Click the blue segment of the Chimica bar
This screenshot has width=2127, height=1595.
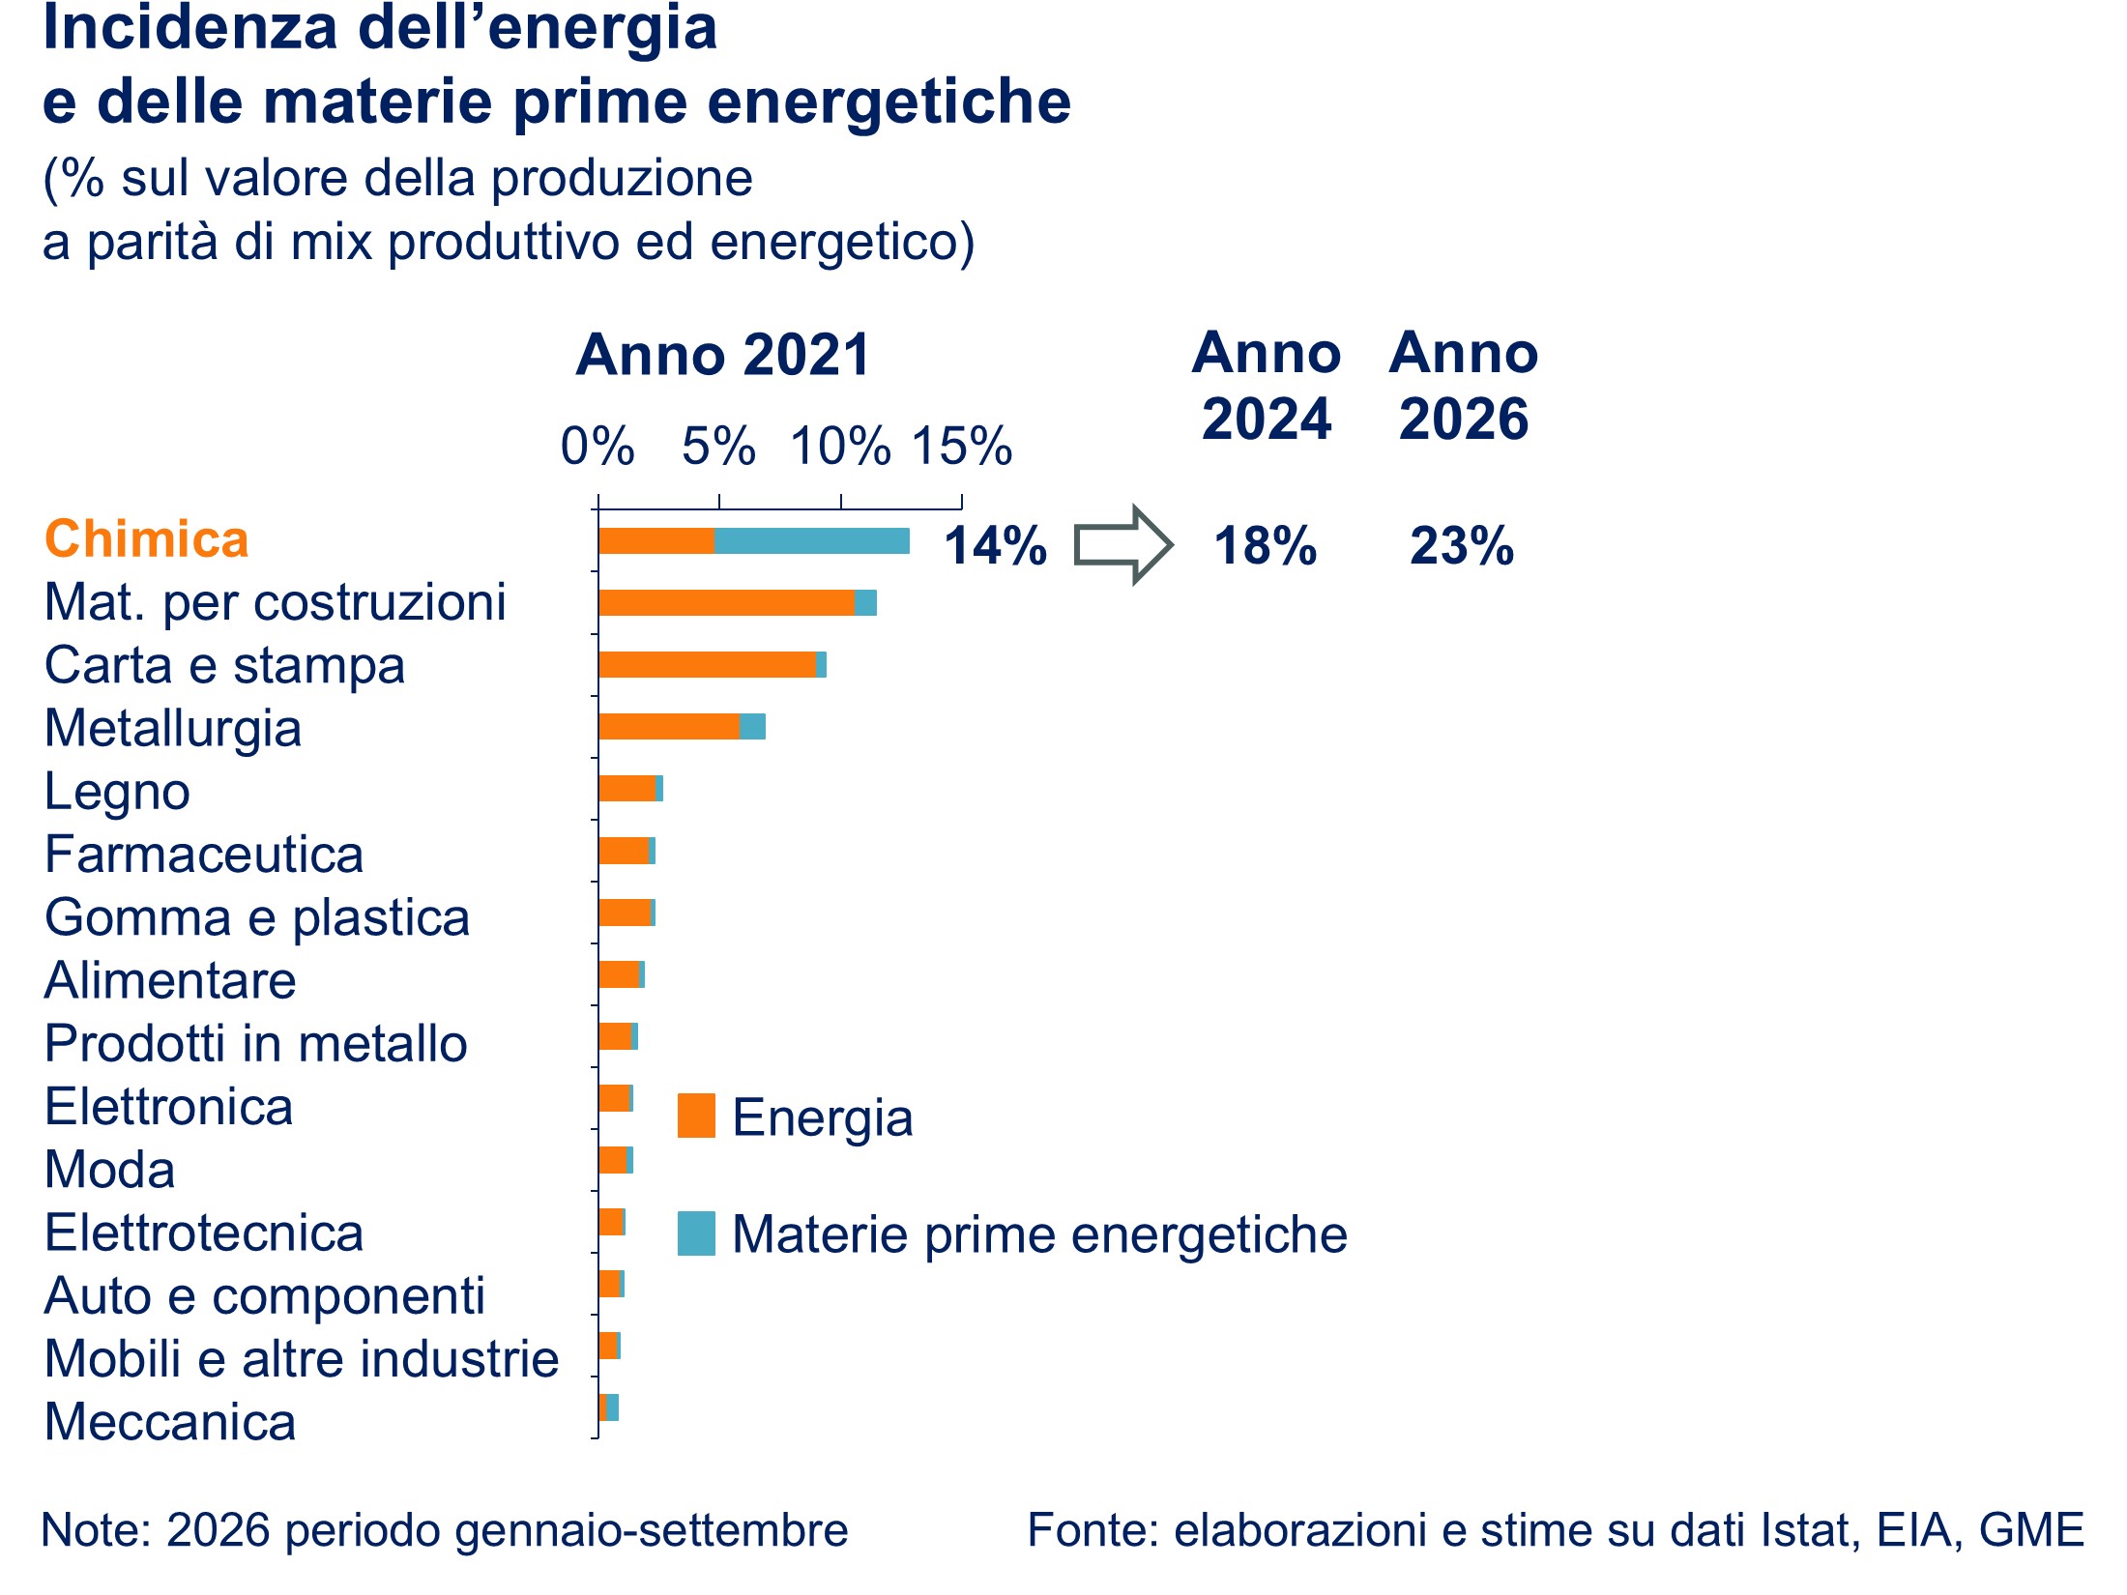click(x=812, y=541)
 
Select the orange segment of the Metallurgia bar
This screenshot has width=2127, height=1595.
click(x=669, y=727)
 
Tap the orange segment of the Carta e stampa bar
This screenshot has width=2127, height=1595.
click(x=708, y=665)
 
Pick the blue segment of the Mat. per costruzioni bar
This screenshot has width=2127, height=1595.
click(x=865, y=603)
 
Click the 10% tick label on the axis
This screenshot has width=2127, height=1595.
click(x=840, y=447)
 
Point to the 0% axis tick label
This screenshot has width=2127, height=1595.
click(x=597, y=447)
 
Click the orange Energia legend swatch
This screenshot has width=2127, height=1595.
click(x=696, y=1116)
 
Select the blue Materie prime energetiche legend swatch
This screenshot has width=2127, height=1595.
click(x=696, y=1233)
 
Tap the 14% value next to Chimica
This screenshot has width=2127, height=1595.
click(x=996, y=545)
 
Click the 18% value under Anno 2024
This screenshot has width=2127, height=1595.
click(x=1266, y=545)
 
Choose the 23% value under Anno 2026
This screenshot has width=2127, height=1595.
click(x=1462, y=545)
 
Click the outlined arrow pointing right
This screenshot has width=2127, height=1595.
click(x=1123, y=545)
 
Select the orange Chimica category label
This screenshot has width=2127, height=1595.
click(x=147, y=538)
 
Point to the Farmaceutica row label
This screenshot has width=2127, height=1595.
click(x=204, y=855)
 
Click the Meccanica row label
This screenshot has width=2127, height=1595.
click(x=170, y=1422)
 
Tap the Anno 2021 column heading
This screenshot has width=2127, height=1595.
click(x=723, y=355)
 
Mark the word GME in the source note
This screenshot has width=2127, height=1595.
click(x=2031, y=1530)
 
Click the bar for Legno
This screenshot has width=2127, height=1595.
click(x=631, y=789)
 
